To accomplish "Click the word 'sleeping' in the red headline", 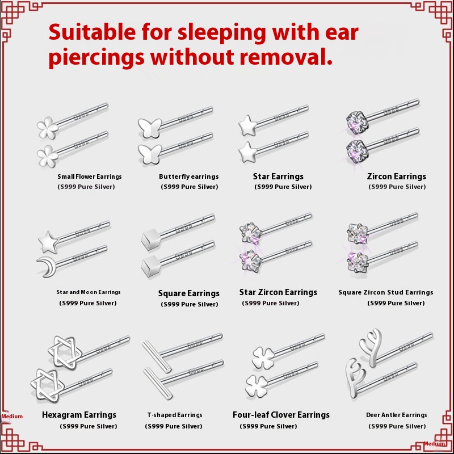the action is pos(222,33).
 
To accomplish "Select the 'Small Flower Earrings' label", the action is pos(90,176).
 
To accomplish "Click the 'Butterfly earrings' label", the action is pos(189,176).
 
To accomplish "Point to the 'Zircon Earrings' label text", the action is pos(396,176).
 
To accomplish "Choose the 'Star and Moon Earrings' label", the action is pos(89,292).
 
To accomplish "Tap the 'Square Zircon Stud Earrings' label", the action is pos(386,292).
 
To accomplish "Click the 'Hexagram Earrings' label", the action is pos(79,415).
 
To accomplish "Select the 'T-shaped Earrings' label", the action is pos(175,415).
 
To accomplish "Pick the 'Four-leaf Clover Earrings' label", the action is pos(281,415).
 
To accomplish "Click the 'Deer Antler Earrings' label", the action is pos(396,415).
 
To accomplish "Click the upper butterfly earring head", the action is pos(150,128).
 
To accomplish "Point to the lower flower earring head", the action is pos(48,157).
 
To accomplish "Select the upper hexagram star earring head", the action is pos(65,352).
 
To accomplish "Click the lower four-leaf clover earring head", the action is pos(257,386).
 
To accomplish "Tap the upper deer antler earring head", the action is pos(371,347).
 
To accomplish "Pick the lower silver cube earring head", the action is pos(151,266).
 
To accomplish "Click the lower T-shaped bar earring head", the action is pos(158,384).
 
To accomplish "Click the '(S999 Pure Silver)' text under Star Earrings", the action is pos(283,187).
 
